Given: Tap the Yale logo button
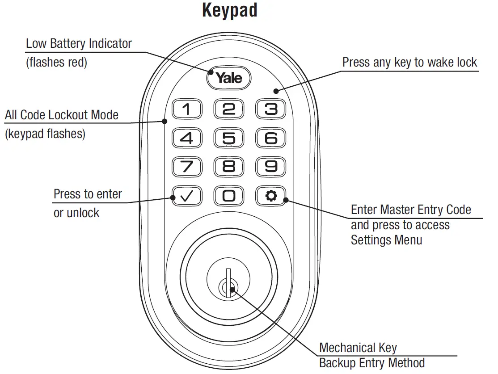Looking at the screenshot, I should tap(228, 78).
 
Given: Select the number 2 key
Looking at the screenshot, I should tap(228, 109).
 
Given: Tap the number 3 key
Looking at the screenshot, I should tap(270, 109).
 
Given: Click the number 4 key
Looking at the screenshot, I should tap(187, 139).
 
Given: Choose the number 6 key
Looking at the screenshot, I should tap(270, 139).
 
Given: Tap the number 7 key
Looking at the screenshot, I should tap(187, 167).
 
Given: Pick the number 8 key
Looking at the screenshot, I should tap(228, 167).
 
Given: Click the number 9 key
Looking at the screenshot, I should tap(270, 167).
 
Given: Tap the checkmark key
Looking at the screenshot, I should tap(187, 196).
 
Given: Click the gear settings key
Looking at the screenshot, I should tap(270, 196).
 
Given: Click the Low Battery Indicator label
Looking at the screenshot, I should tap(79, 44).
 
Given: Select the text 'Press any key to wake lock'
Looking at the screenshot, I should tap(409, 63).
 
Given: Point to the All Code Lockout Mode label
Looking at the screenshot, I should tap(62, 115).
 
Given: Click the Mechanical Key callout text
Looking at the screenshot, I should tap(358, 348).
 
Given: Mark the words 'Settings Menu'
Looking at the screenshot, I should tap(386, 240).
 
